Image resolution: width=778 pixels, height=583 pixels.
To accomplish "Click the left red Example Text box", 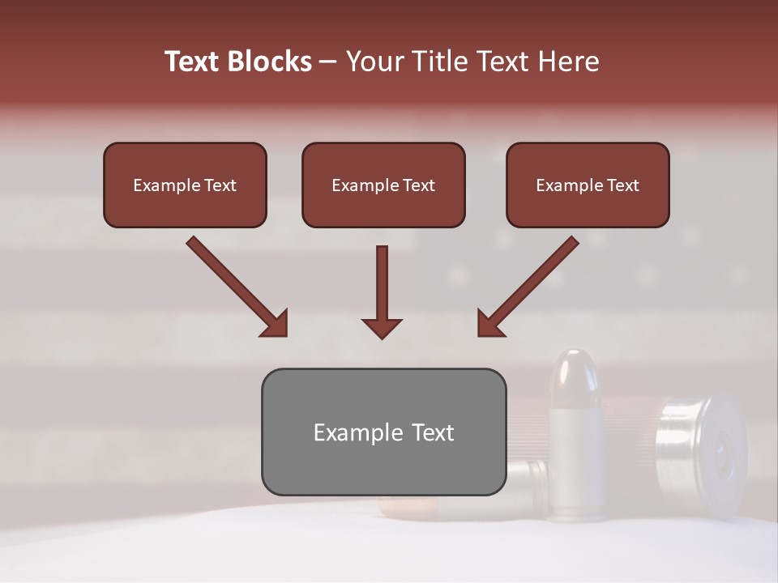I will pos(185,185).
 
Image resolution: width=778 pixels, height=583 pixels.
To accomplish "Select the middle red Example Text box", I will pos(383,185).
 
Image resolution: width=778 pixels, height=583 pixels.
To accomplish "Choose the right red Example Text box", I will pos(588,185).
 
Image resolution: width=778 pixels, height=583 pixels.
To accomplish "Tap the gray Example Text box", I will pos(383,432).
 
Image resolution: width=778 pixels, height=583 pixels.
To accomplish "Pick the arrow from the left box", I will pos(235,285).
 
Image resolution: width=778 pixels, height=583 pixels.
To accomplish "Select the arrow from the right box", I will pos(529,285).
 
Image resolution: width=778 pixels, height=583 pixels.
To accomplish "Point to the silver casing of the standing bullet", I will pos(575,462).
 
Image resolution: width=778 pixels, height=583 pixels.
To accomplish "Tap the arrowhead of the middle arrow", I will pos(382,327).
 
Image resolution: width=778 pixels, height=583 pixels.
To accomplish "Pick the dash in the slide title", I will pos(329,62).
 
